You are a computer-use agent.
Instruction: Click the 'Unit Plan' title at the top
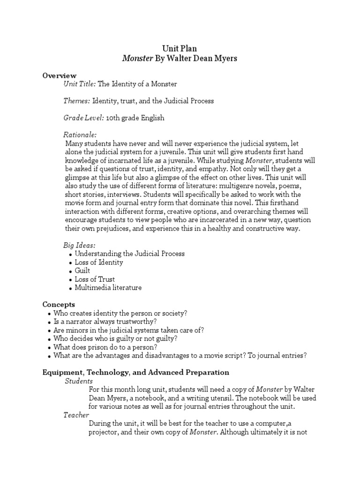[x=180, y=48]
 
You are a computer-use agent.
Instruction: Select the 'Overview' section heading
[x=60, y=75]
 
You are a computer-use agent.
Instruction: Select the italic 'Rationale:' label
[x=80, y=135]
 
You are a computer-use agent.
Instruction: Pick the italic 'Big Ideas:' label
[x=79, y=245]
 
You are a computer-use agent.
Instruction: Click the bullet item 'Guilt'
[x=82, y=270]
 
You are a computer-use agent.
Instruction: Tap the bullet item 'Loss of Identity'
[x=99, y=262]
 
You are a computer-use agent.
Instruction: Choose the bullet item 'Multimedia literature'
[x=108, y=287]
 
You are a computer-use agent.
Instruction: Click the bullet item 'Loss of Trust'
[x=95, y=279]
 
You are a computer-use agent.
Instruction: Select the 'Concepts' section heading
[x=59, y=304]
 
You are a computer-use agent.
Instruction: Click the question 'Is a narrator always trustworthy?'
[x=105, y=321]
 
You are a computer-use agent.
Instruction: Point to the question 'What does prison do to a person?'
[x=105, y=347]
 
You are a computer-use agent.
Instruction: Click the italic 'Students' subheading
[x=79, y=381]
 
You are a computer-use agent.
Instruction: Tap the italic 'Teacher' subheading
[x=76, y=415]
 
